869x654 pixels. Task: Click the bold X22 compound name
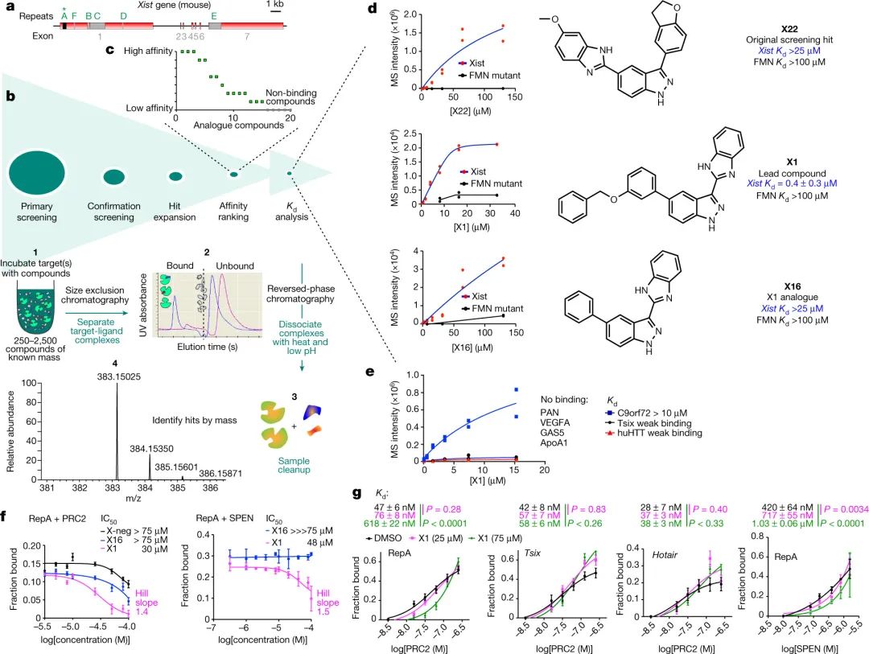789,28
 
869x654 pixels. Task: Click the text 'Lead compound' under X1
789,173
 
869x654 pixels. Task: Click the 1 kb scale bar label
274,6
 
